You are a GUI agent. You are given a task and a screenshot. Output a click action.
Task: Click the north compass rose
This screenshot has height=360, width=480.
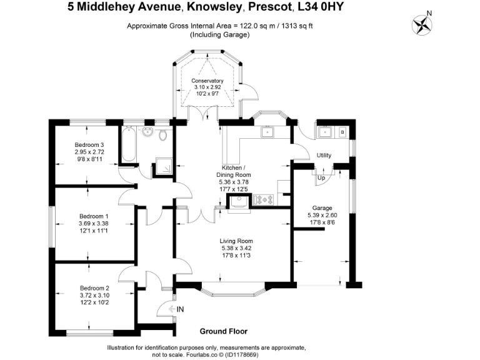pyautogui.click(x=423, y=24)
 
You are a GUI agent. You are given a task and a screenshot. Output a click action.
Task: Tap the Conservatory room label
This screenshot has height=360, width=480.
pyautogui.click(x=207, y=81)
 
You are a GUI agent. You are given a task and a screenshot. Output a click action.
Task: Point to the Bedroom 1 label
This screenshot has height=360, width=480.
pyautogui.click(x=93, y=216)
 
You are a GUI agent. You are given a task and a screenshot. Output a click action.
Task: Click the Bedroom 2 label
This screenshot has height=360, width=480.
pyautogui.click(x=94, y=289)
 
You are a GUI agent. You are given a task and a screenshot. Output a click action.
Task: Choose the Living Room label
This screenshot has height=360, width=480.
pyautogui.click(x=236, y=241)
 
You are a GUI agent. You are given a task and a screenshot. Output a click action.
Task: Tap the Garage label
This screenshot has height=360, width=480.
pyautogui.click(x=322, y=207)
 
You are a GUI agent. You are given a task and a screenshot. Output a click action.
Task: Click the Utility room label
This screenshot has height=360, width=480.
pyautogui.click(x=324, y=156)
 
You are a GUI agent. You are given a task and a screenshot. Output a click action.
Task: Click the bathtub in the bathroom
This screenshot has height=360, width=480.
pyautogui.click(x=129, y=145)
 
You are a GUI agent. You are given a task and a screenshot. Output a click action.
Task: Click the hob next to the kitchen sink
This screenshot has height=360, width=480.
pyautogui.click(x=263, y=200)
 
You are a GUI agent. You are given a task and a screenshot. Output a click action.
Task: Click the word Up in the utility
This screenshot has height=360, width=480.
pyautogui.click(x=321, y=177)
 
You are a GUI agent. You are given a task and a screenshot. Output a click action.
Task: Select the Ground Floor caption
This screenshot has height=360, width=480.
pyautogui.click(x=224, y=331)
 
